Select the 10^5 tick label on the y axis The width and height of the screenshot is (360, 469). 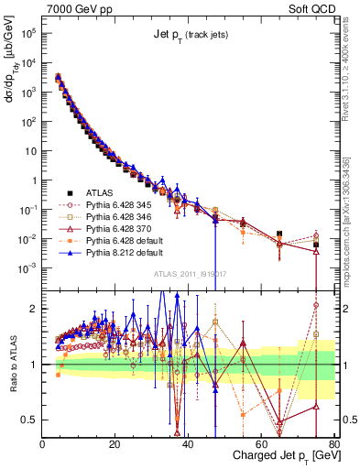(x=27, y=33)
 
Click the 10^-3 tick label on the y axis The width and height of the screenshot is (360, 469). (x=27, y=268)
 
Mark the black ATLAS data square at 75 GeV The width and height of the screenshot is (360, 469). (x=316, y=245)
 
